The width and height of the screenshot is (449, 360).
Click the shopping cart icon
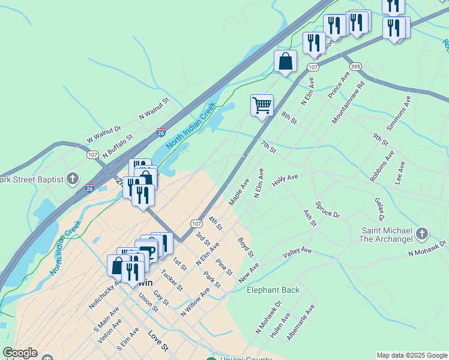coord(262,106)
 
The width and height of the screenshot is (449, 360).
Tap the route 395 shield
coord(355,65)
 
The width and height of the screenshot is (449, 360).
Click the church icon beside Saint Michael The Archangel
coord(421,233)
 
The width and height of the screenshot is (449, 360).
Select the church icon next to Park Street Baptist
coord(73,178)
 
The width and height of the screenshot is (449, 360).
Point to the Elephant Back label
coord(273,290)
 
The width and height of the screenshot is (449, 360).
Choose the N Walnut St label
coord(154,109)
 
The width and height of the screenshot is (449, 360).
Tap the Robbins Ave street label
coord(382,166)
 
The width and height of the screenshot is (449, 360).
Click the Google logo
coord(20,353)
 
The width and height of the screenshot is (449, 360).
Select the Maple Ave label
coord(239,190)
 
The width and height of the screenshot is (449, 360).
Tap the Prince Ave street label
coord(339,85)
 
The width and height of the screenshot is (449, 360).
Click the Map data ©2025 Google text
coord(411,355)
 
